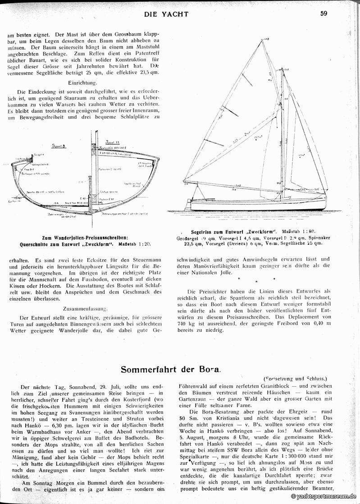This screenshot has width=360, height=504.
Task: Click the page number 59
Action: point(324,14)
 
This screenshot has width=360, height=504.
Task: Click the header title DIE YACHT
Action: point(166,14)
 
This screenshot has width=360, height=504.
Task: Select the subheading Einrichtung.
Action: point(82,83)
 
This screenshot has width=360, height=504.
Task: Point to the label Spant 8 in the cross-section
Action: point(59,146)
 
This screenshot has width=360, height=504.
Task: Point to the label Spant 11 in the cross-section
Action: point(106,142)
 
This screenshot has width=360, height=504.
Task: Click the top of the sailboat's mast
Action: point(283,69)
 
